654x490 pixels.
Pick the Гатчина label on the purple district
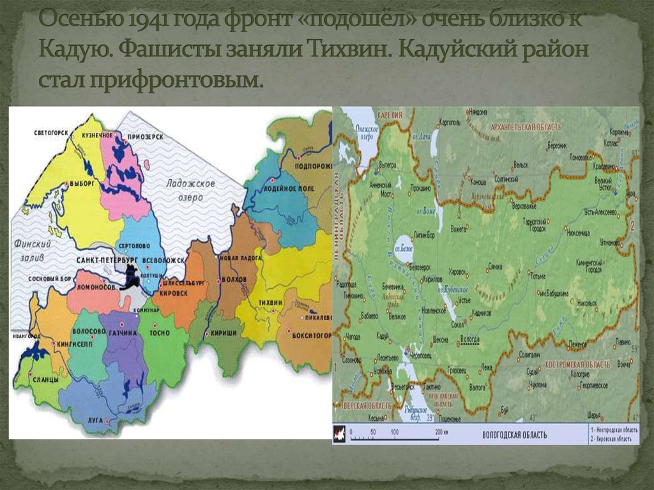(122, 333)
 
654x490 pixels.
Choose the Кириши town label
(224, 333)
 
